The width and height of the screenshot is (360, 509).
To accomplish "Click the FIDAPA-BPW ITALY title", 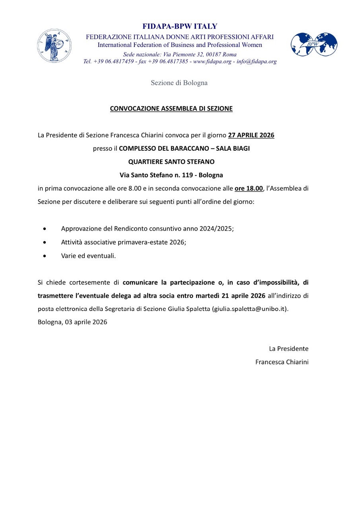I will pos(180,27).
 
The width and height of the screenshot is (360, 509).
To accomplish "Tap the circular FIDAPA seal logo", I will pos(54,46).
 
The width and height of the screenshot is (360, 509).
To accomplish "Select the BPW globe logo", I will pos(314,45).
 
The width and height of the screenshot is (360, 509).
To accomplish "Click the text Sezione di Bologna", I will pos(179,83).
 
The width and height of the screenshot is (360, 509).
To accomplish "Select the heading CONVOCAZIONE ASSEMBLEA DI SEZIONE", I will pos(171,108).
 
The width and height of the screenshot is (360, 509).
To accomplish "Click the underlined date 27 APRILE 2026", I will pos(251,135).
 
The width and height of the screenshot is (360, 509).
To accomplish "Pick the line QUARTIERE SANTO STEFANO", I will pos(171,162).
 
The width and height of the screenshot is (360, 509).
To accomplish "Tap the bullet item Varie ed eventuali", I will pos(88,256).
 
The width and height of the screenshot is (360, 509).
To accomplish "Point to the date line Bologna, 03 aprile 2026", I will pos(72,322).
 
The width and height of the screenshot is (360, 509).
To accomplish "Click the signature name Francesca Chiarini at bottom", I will pos(282,362).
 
